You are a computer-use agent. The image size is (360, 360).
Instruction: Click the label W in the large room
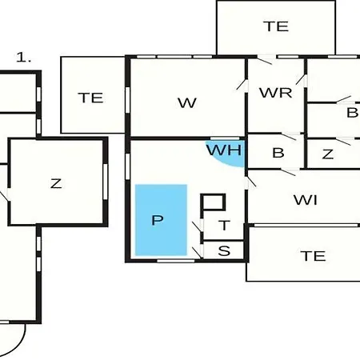187,103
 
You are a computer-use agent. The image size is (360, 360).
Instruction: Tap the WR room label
276,93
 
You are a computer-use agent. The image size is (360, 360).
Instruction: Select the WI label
306,200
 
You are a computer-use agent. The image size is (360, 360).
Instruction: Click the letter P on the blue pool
158,220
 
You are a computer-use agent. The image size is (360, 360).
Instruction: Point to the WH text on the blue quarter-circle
224,150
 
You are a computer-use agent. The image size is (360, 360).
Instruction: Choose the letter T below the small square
225,226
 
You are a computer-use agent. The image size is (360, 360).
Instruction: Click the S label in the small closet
224,251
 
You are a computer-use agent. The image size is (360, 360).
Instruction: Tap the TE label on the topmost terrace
276,26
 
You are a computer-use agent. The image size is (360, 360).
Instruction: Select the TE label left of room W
90,98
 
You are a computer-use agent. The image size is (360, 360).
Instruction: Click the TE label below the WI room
313,256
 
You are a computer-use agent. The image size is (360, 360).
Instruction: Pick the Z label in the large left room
56,184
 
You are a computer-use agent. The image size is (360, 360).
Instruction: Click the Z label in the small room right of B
328,154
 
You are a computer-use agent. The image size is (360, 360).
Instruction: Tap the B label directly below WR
278,153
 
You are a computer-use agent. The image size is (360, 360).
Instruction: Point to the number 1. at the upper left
24,58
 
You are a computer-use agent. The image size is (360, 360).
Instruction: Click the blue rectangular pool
161,220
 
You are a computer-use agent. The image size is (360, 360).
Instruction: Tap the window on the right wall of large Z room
106,182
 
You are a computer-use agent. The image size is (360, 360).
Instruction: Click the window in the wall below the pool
176,261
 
